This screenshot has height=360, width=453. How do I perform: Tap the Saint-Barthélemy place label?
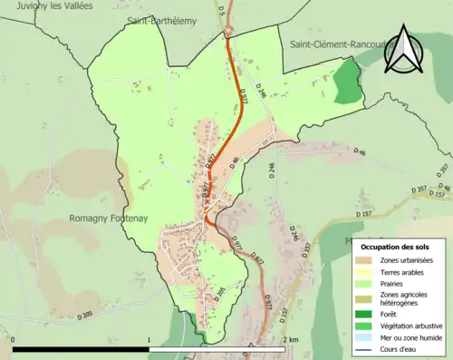(161, 20)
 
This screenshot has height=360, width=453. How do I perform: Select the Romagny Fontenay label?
(109, 219)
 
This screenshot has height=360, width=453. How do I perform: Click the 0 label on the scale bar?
(14, 339)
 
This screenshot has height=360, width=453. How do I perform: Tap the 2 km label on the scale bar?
(289, 339)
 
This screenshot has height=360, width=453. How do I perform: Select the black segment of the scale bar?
(82, 348)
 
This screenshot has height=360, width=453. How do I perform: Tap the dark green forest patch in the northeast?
(347, 83)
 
